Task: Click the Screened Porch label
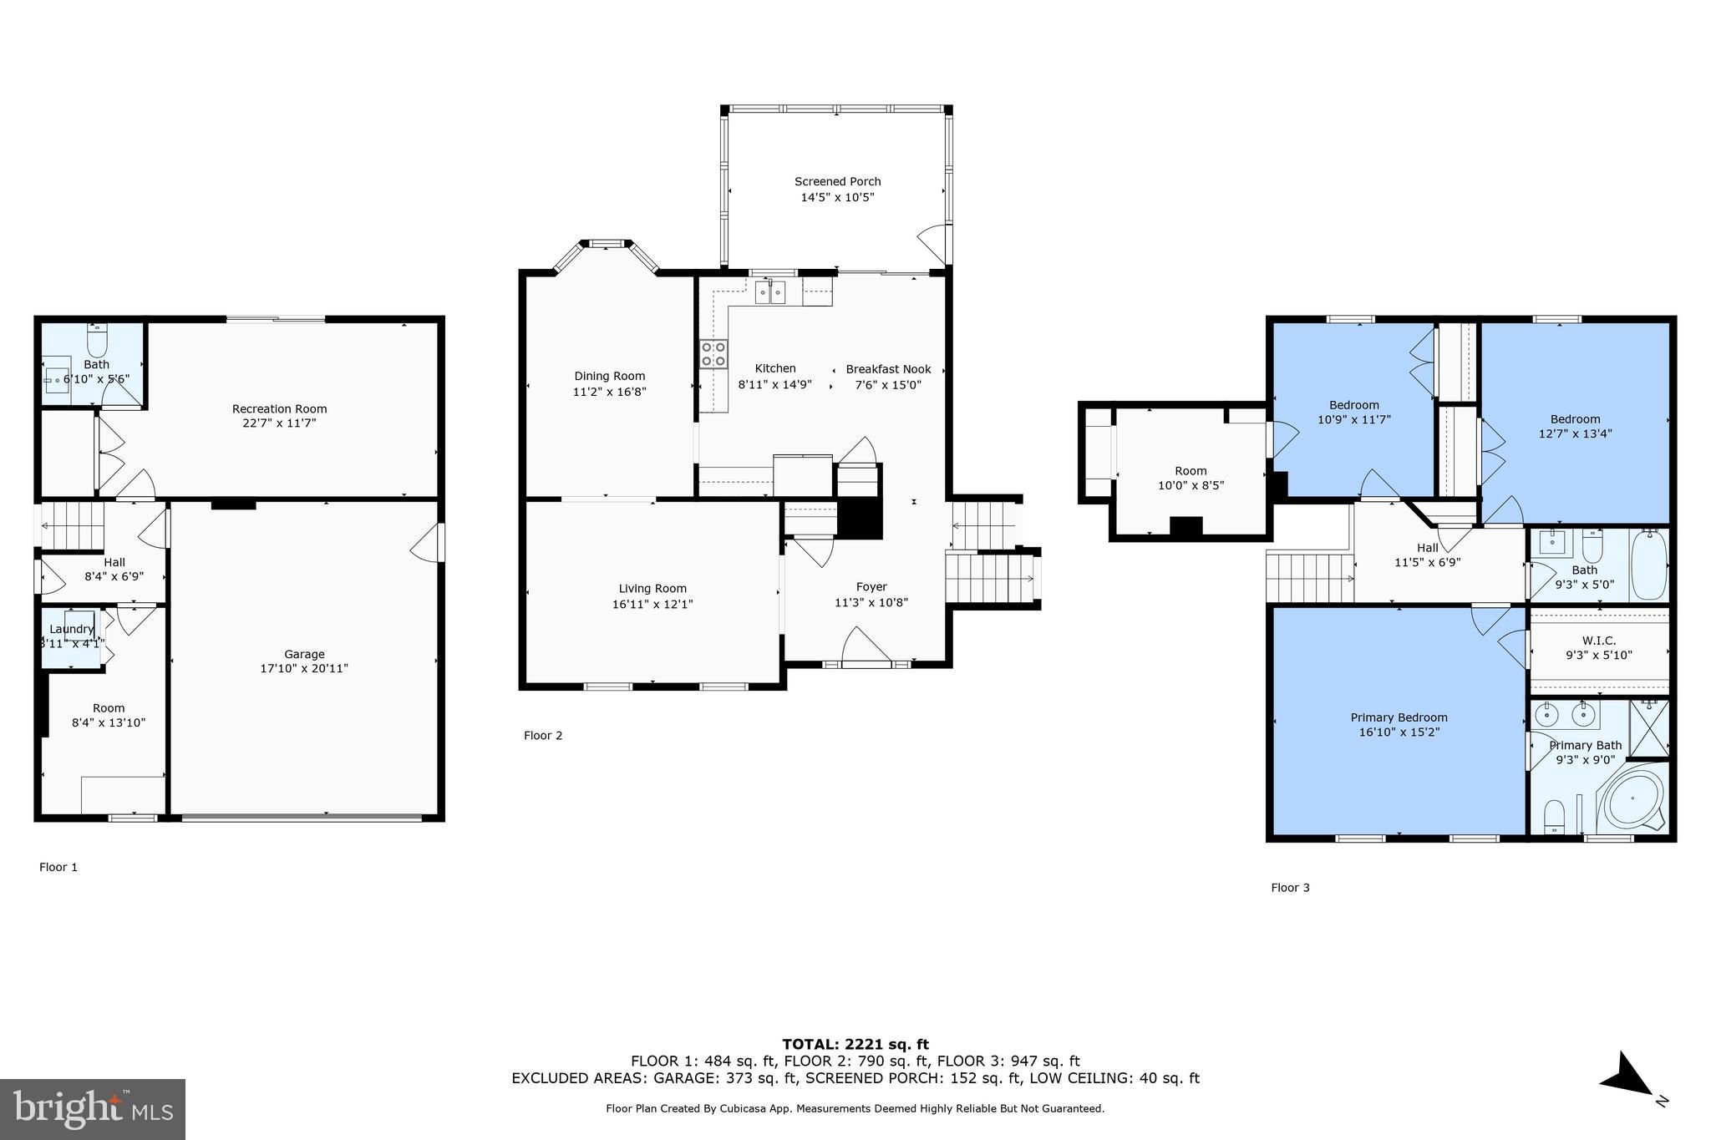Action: pyautogui.click(x=837, y=181)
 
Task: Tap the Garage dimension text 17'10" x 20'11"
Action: pyautogui.click(x=304, y=668)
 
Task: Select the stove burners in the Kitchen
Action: pyautogui.click(x=713, y=353)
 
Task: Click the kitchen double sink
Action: pyautogui.click(x=771, y=292)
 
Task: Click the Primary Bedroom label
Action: pyautogui.click(x=1399, y=717)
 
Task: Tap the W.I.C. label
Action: pyautogui.click(x=1598, y=641)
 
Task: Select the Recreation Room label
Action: pyautogui.click(x=279, y=408)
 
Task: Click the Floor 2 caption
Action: pyautogui.click(x=543, y=735)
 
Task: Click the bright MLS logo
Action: pyautogui.click(x=93, y=1109)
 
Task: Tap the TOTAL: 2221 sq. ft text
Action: pyautogui.click(x=855, y=1044)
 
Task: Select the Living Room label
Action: pyautogui.click(x=652, y=589)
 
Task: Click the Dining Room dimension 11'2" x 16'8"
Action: pyautogui.click(x=609, y=391)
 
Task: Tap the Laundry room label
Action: pyautogui.click(x=71, y=629)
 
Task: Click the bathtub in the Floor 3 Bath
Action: pyautogui.click(x=1648, y=565)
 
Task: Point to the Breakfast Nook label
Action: pyautogui.click(x=888, y=369)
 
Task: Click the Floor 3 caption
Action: pyautogui.click(x=1290, y=887)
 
